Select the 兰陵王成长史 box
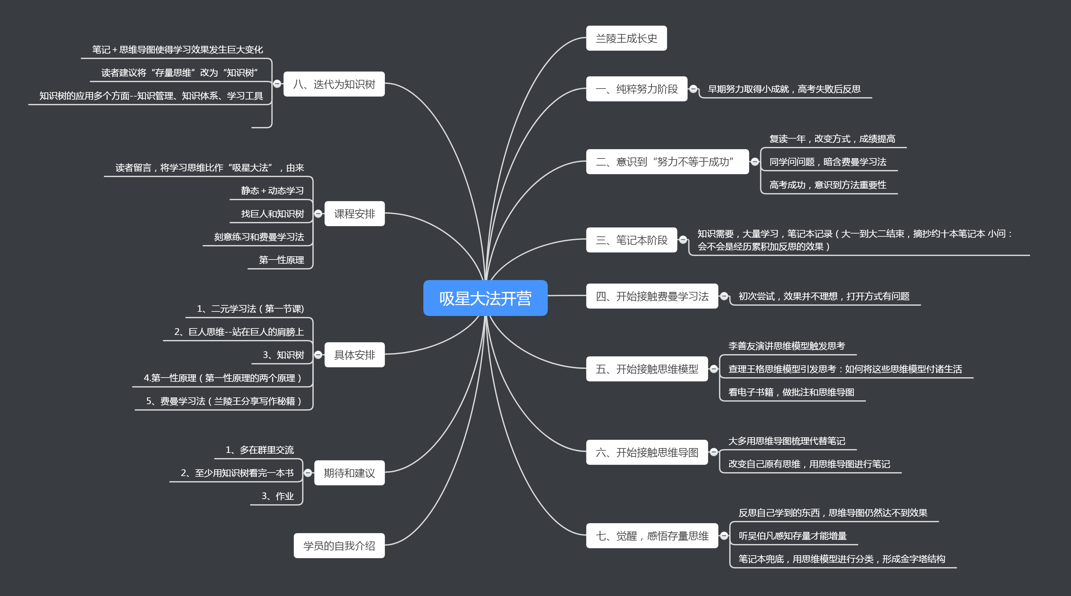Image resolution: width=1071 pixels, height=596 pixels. tap(626, 38)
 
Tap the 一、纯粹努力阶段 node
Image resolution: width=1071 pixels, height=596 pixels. tap(636, 89)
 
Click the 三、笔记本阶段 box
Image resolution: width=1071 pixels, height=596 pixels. tap(631, 240)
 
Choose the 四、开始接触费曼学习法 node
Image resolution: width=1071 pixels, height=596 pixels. tap(652, 296)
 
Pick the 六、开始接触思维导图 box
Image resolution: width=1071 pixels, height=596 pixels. tap(646, 452)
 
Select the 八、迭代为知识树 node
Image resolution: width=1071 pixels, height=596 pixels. tap(334, 84)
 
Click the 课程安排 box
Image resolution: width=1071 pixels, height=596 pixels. tap(354, 214)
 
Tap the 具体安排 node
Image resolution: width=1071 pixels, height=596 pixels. tap(354, 355)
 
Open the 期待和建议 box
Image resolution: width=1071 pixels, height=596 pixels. tap(349, 473)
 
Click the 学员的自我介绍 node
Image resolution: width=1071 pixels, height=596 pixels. tap(339, 546)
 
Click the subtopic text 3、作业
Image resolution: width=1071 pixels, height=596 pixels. tap(277, 496)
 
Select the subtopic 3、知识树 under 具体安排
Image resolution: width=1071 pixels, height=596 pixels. tap(283, 355)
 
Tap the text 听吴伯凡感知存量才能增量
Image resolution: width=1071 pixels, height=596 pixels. tap(792, 536)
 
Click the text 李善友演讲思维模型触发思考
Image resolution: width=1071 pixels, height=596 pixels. tap(787, 346)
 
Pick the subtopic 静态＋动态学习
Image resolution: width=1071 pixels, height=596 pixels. tap(272, 191)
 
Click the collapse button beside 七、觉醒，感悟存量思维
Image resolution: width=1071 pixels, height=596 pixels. tap(724, 536)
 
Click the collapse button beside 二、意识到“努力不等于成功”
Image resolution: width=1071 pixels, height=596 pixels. tap(755, 161)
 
